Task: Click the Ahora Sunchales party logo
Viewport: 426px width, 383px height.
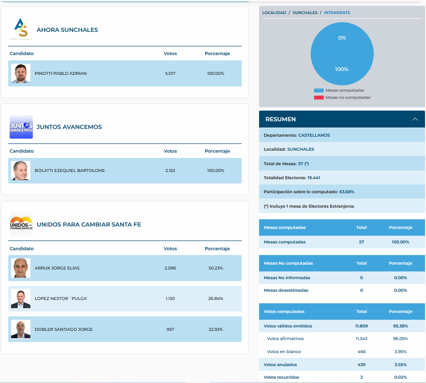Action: tap(21, 29)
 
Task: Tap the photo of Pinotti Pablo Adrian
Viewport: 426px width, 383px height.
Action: tap(21, 73)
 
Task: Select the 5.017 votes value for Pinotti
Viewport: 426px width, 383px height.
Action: tap(170, 73)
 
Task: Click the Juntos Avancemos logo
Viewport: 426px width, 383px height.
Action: tap(21, 127)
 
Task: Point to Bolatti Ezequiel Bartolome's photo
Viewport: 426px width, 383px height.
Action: tap(21, 170)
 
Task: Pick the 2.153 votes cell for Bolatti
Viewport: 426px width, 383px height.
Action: tap(170, 170)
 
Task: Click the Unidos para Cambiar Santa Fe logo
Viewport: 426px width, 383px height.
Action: tap(21, 224)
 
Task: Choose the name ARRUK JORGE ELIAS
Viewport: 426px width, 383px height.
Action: tap(57, 268)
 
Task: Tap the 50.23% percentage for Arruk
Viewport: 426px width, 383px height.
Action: tap(216, 268)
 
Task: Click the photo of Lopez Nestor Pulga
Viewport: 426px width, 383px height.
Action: tap(21, 298)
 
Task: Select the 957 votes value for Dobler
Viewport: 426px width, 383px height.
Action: tap(170, 329)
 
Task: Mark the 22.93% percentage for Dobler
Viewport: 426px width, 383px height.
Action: tap(216, 329)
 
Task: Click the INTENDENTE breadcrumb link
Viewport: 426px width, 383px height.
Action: tap(337, 13)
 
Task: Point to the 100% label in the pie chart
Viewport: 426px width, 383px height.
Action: tap(342, 69)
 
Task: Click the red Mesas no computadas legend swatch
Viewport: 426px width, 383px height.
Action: tap(318, 98)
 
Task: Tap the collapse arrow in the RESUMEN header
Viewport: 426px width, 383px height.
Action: tap(415, 119)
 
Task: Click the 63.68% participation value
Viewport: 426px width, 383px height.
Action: tap(346, 192)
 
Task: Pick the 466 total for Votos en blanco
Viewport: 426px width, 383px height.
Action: tap(361, 352)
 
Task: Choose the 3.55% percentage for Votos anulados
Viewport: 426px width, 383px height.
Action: tap(400, 365)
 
